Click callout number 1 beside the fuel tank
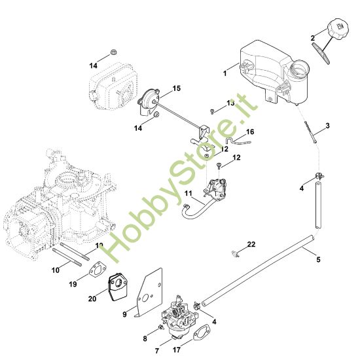pyautogui.click(x=225, y=74)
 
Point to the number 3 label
pyautogui.click(x=327, y=125)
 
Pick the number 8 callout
pyautogui.click(x=145, y=338)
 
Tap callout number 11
pyautogui.click(x=187, y=194)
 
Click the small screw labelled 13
pyautogui.click(x=213, y=111)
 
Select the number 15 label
pyautogui.click(x=176, y=88)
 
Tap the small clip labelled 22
pyautogui.click(x=235, y=252)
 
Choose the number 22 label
pyautogui.click(x=251, y=245)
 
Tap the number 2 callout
pyautogui.click(x=313, y=37)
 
